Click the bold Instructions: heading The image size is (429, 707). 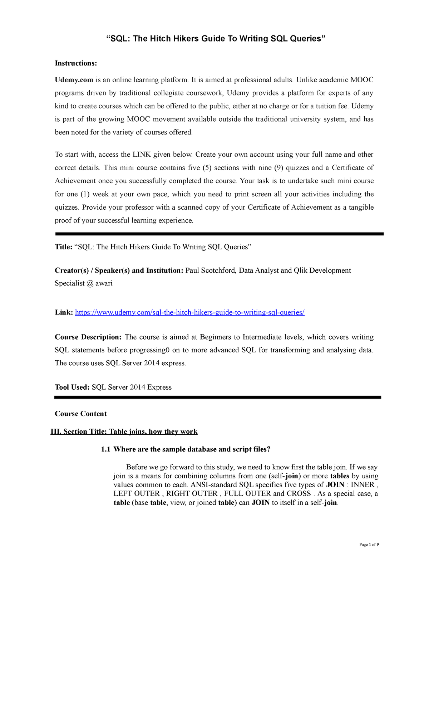point(76,63)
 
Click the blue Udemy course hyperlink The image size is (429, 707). point(189,312)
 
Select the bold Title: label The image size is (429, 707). point(64,247)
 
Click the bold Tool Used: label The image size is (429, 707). point(72,387)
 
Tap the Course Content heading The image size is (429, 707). point(81,414)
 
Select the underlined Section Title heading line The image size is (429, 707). point(124,431)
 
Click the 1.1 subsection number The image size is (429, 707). point(106,449)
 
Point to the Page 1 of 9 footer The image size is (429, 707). point(369,545)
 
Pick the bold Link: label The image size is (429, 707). point(64,312)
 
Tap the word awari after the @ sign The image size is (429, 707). point(104,283)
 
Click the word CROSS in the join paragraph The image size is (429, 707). point(299,494)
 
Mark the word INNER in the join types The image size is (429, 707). point(363,485)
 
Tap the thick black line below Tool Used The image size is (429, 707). point(218,397)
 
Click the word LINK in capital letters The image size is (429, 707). point(142,155)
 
